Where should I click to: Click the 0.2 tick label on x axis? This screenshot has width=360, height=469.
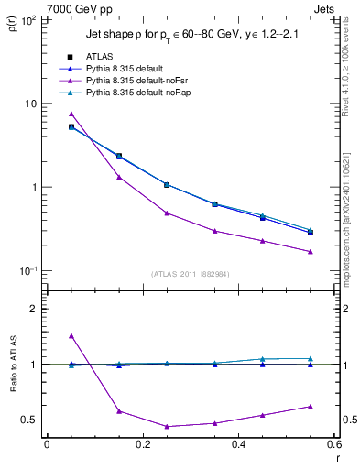click(142, 447)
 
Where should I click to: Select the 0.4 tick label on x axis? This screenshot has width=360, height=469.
click(238, 447)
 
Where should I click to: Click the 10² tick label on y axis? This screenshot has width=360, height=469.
click(27, 20)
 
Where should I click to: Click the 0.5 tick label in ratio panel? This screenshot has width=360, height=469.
click(29, 420)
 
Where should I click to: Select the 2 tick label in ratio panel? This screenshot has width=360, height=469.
click(35, 309)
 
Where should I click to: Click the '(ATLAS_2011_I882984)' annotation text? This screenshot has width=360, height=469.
click(190, 274)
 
